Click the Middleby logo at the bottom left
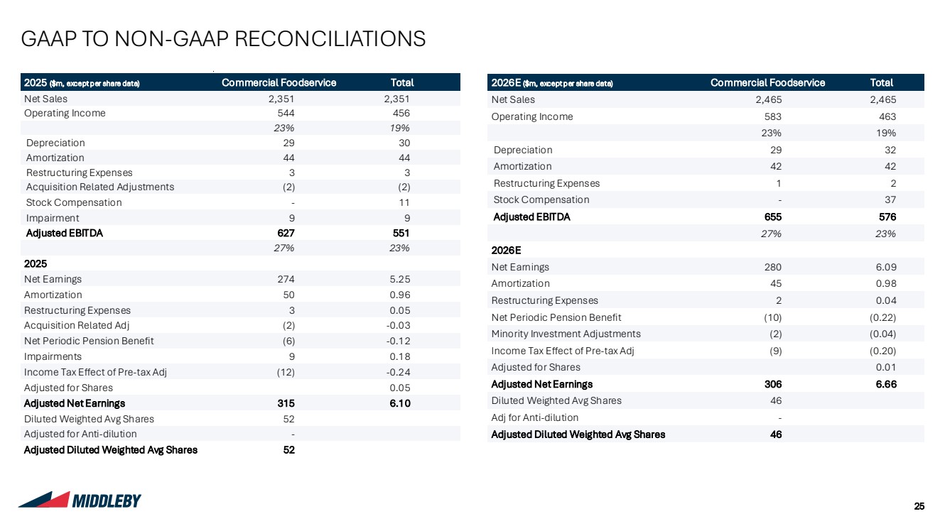(80, 500)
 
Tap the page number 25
(919, 506)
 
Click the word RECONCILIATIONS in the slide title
(330, 39)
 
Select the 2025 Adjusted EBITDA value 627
(286, 233)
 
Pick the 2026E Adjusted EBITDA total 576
(887, 217)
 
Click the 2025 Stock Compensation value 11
(404, 203)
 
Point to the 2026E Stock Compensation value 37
(890, 199)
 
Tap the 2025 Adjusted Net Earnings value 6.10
(400, 403)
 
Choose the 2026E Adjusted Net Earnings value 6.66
(886, 384)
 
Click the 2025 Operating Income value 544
(286, 113)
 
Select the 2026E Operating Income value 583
(773, 116)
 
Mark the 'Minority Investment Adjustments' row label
(566, 334)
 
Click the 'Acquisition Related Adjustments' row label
(100, 187)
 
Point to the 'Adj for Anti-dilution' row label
(534, 417)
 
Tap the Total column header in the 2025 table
(402, 82)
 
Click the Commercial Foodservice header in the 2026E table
(768, 82)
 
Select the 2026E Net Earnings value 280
(773, 267)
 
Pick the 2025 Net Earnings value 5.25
(400, 280)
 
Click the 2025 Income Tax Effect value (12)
(286, 373)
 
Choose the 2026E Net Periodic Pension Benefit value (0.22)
(882, 318)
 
